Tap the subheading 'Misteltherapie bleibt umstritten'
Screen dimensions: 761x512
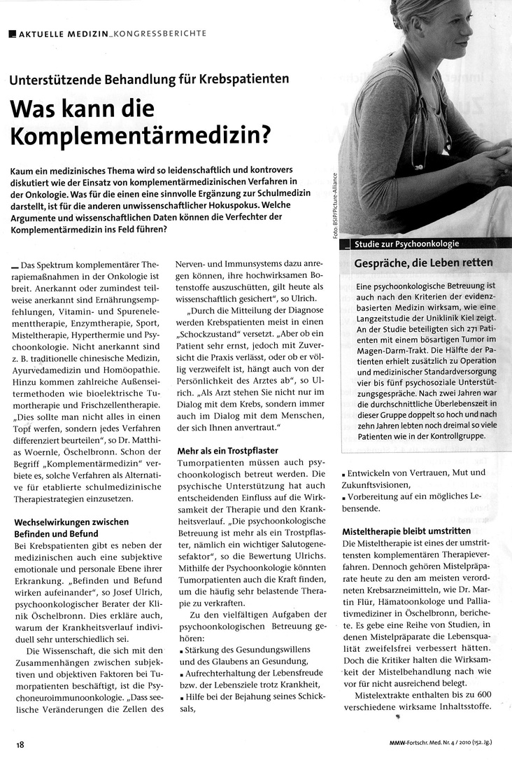(406, 531)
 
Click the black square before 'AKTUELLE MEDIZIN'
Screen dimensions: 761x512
(13, 33)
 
